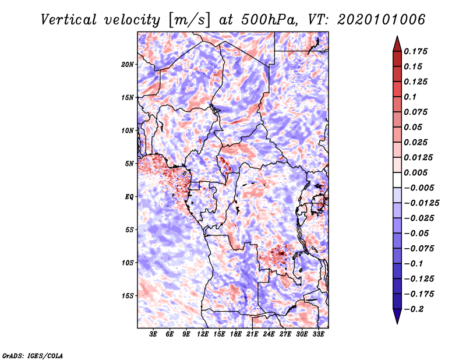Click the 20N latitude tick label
[128, 65]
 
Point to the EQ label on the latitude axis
[129, 197]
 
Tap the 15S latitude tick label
[128, 296]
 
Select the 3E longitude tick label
[153, 334]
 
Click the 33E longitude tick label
[318, 334]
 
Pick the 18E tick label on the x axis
[236, 334]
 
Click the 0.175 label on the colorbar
[415, 51]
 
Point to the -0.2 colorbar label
[414, 309]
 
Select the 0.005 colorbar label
[415, 172]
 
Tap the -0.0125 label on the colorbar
[421, 203]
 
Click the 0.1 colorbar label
[410, 97]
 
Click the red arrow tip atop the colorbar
[397, 37]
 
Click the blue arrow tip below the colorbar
[397, 323]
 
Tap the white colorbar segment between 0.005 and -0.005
[397, 180]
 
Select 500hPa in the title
[269, 20]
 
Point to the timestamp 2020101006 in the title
[381, 20]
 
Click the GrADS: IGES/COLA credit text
[33, 356]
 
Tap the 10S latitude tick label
[128, 263]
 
